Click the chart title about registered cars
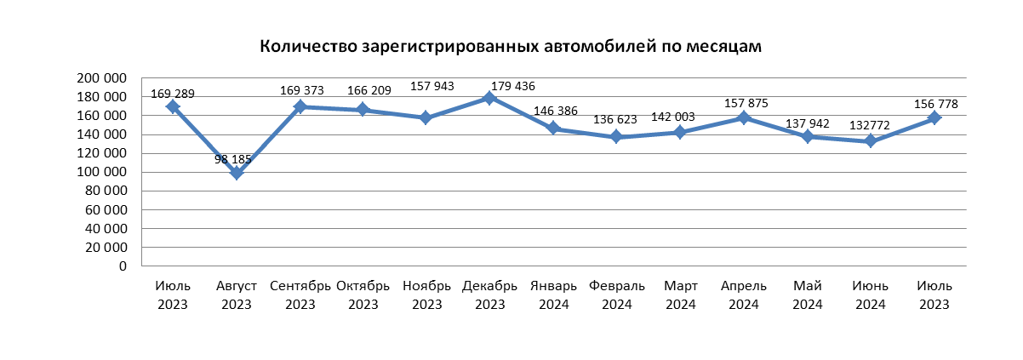point(511,47)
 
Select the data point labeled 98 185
point(237,173)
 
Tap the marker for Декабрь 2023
point(489,98)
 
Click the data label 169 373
point(302,90)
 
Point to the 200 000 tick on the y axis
point(102,78)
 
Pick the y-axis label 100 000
point(102,172)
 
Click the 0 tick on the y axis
point(123,266)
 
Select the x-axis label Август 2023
point(236,295)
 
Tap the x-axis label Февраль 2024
point(616,295)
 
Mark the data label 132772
point(870,125)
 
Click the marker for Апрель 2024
point(744,117)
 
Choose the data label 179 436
point(513,86)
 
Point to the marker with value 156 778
point(934,117)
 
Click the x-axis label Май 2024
point(808,295)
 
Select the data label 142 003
point(672,117)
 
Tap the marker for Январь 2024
point(553,128)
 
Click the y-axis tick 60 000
point(106,209)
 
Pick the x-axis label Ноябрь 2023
point(426,295)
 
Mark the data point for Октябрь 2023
point(363,110)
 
